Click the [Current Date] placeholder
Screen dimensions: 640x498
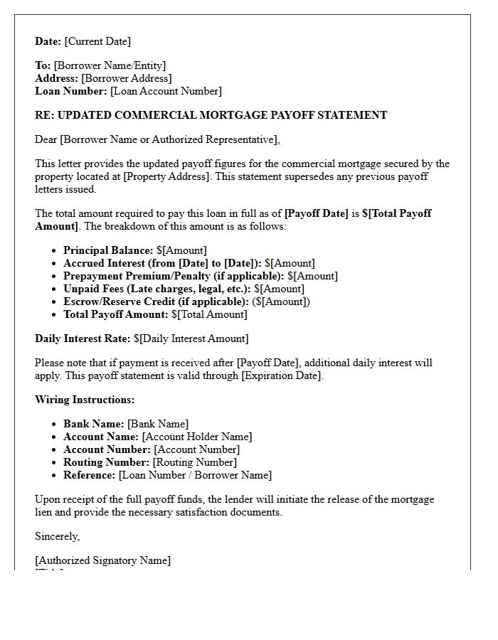coord(97,41)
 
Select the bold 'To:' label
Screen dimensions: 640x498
coord(43,65)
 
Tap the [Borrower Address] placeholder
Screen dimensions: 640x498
coord(126,78)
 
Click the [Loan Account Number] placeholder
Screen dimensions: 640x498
coord(166,91)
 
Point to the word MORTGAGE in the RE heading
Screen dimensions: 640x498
coord(233,115)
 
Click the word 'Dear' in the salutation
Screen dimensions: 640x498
coord(46,139)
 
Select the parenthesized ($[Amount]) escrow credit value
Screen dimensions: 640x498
coord(281,302)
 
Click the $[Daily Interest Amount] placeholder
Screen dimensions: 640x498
coord(191,338)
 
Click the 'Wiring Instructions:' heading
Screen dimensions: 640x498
coord(85,400)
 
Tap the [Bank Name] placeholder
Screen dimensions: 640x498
coord(158,424)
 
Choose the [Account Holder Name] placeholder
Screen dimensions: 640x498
coord(196,437)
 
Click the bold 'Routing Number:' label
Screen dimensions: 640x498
coord(107,462)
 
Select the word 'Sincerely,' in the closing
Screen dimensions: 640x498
coord(58,536)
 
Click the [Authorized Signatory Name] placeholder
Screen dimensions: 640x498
coord(102,560)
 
